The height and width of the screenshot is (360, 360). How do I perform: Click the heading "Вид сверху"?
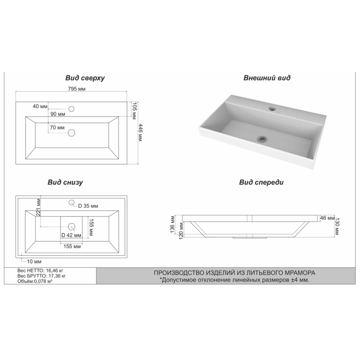click(x=85, y=78)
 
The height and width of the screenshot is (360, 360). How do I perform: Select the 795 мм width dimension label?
click(x=76, y=89)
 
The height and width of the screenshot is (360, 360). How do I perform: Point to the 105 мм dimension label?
click(x=134, y=111)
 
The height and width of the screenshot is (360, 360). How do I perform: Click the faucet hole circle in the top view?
click(x=72, y=109)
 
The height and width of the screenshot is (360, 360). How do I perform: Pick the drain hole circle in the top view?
click(x=72, y=133)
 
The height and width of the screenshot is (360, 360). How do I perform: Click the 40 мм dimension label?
click(x=40, y=106)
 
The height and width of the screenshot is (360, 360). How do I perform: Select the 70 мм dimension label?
click(x=57, y=127)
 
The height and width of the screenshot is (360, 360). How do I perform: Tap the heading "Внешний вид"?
click(x=267, y=78)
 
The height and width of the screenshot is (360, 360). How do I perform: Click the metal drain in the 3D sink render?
click(x=262, y=139)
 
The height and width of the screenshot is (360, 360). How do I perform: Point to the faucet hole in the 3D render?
click(x=273, y=108)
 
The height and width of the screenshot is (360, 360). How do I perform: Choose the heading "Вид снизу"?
click(x=65, y=182)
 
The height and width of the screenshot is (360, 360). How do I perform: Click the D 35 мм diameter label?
click(x=88, y=206)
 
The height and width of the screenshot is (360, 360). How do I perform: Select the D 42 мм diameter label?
click(x=72, y=235)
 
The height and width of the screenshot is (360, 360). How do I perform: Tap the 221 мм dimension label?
click(x=38, y=207)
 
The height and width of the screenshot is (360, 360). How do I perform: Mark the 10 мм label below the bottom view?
click(x=34, y=261)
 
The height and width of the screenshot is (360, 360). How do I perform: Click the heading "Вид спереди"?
click(x=261, y=182)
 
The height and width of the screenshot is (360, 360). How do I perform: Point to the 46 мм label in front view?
click(x=327, y=218)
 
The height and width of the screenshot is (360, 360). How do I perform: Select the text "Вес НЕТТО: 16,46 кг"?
click(x=40, y=271)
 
